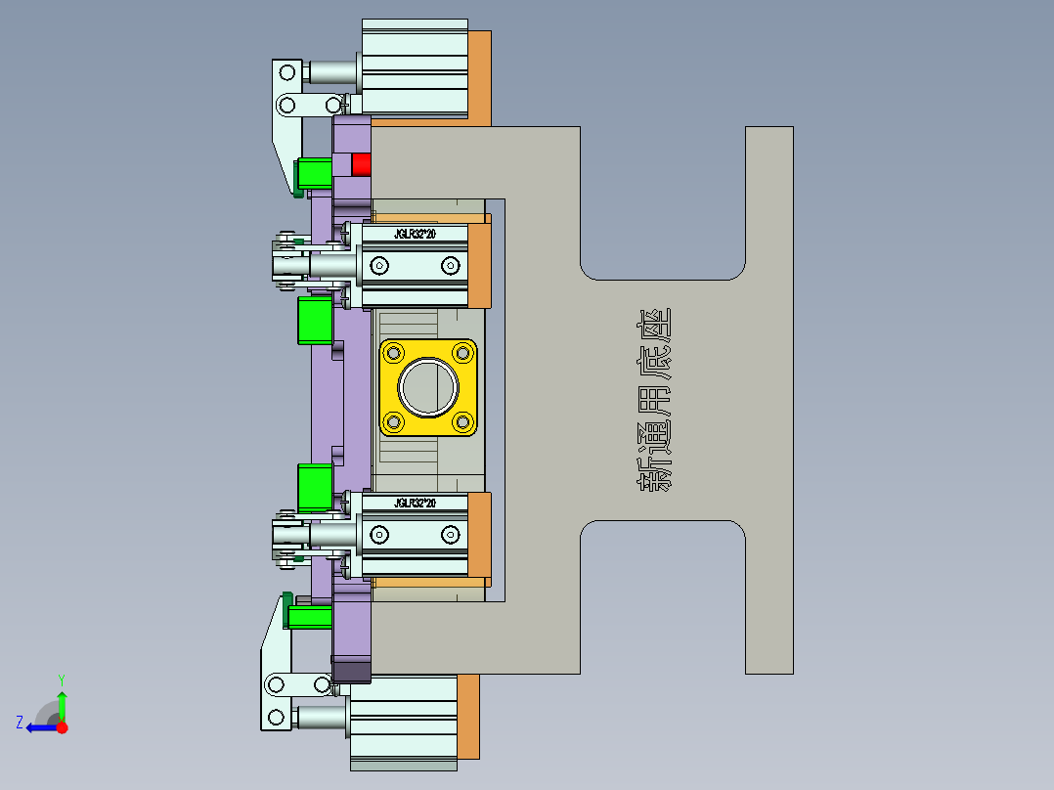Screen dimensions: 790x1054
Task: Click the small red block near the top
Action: click(x=362, y=164)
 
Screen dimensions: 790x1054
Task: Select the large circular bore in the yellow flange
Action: click(x=428, y=387)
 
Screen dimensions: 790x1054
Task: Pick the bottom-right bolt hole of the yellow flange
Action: click(x=461, y=421)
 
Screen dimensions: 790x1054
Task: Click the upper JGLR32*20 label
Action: click(x=415, y=235)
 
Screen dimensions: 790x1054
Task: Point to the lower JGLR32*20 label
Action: click(x=415, y=503)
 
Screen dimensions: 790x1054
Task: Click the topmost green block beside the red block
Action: click(x=315, y=173)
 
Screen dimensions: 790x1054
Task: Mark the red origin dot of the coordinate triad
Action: click(x=62, y=727)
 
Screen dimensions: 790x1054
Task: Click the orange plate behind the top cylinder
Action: click(x=479, y=76)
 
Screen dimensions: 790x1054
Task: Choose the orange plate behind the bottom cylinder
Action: click(x=468, y=716)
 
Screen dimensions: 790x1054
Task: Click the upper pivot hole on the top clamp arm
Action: click(x=287, y=72)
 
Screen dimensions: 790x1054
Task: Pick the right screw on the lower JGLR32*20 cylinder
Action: click(x=450, y=534)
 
